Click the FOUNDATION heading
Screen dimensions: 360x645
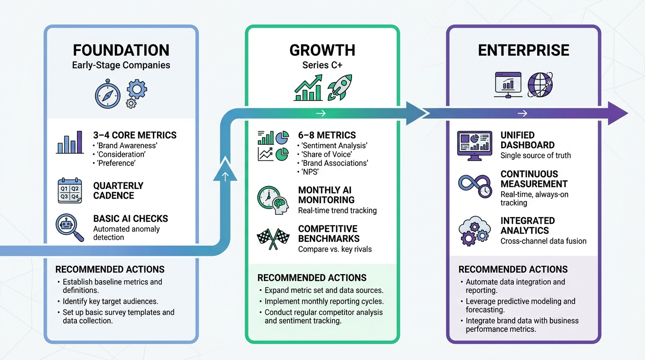[121, 50]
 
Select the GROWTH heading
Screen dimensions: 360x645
[322, 50]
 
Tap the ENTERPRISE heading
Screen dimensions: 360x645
[523, 50]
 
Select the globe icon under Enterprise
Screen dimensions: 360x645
[540, 85]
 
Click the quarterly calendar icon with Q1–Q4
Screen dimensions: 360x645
[69, 191]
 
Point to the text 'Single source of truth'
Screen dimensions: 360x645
[535, 155]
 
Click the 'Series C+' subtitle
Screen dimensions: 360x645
[322, 65]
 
